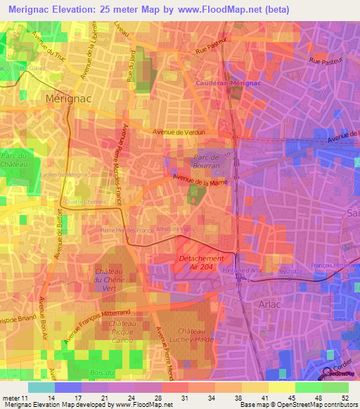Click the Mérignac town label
(70, 99)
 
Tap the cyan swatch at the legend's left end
(41, 387)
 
